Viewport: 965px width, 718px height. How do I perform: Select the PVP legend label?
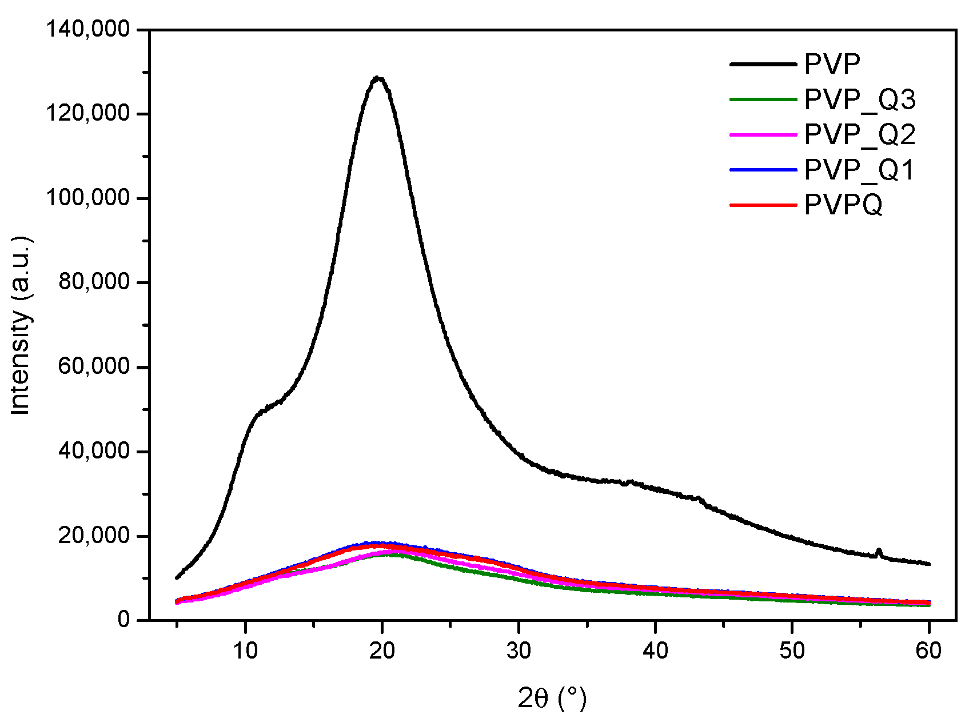tap(832, 64)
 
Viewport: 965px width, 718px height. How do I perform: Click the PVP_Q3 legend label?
tap(860, 99)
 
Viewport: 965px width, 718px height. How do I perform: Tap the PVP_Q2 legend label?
tap(860, 134)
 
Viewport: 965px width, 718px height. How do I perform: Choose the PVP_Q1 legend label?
tap(860, 170)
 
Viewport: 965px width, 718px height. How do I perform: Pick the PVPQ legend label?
tap(843, 205)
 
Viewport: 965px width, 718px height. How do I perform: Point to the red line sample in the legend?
tap(763, 205)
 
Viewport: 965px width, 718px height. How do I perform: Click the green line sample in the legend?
tap(763, 99)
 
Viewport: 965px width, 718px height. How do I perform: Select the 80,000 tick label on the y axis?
tap(94, 282)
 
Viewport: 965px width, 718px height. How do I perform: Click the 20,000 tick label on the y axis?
tap(94, 536)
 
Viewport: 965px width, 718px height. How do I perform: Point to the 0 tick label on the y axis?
tap(124, 620)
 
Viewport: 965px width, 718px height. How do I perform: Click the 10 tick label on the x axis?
tap(245, 650)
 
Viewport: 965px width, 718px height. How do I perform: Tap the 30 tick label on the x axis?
tap(519, 650)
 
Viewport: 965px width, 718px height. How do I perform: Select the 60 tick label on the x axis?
tap(928, 650)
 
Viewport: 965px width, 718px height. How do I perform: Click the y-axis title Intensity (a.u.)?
tap(21, 325)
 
